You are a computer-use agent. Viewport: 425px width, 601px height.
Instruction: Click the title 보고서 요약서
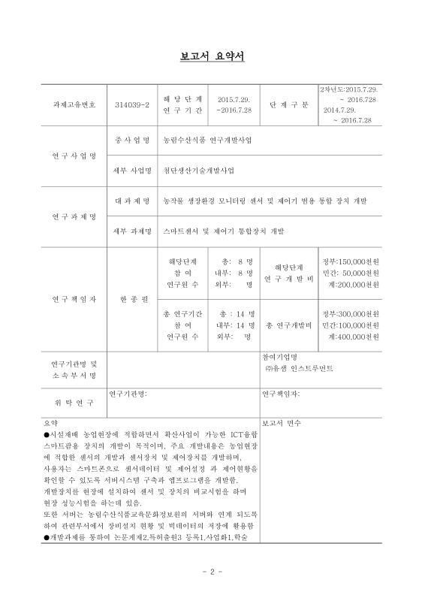click(x=212, y=56)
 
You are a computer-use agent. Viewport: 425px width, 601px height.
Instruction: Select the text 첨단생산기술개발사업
click(x=199, y=171)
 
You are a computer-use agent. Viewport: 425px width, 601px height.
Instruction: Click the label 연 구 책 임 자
click(x=73, y=298)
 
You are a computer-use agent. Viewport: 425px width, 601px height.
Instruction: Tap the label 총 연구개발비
click(x=288, y=325)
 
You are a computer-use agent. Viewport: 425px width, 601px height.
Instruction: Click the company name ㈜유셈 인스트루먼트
click(x=300, y=369)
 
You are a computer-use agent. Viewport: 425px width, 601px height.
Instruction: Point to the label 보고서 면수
click(x=282, y=422)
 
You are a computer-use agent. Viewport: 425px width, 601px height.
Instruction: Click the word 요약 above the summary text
click(x=51, y=422)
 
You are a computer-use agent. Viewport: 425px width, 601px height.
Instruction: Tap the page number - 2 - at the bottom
click(x=212, y=572)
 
